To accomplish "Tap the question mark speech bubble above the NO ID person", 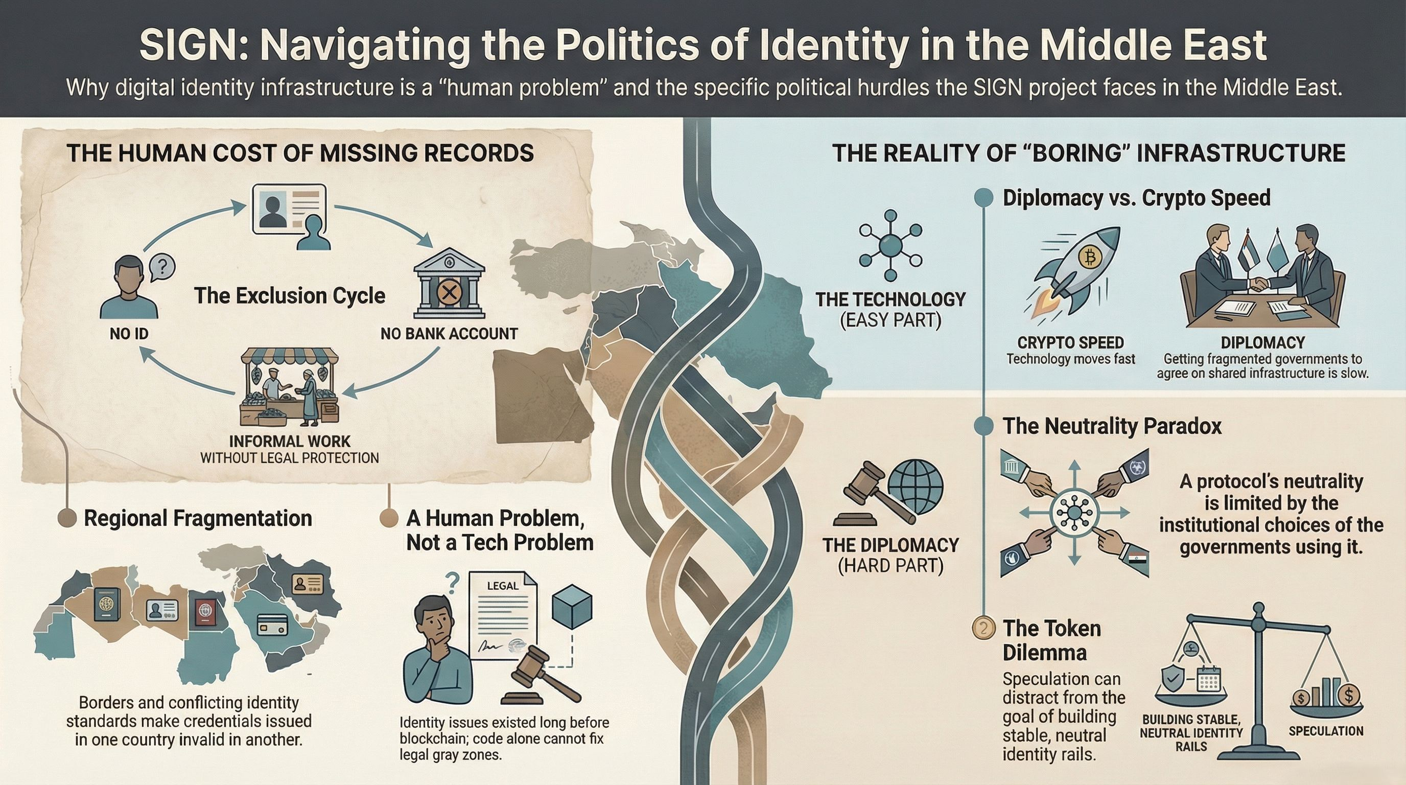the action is pyautogui.click(x=162, y=268).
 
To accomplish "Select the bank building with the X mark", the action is pyautogui.click(x=449, y=284).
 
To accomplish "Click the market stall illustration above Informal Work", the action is pyautogui.click(x=289, y=390).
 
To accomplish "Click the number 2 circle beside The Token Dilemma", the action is pyautogui.click(x=984, y=628).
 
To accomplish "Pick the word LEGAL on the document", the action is pyautogui.click(x=502, y=586).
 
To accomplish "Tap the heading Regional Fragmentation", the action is pyautogui.click(x=198, y=518).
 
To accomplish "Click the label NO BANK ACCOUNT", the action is pyautogui.click(x=449, y=334).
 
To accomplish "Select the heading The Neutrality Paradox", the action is pyautogui.click(x=1112, y=426).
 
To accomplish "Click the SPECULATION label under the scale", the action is pyautogui.click(x=1326, y=731).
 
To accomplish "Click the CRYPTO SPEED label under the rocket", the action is pyautogui.click(x=1070, y=343).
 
